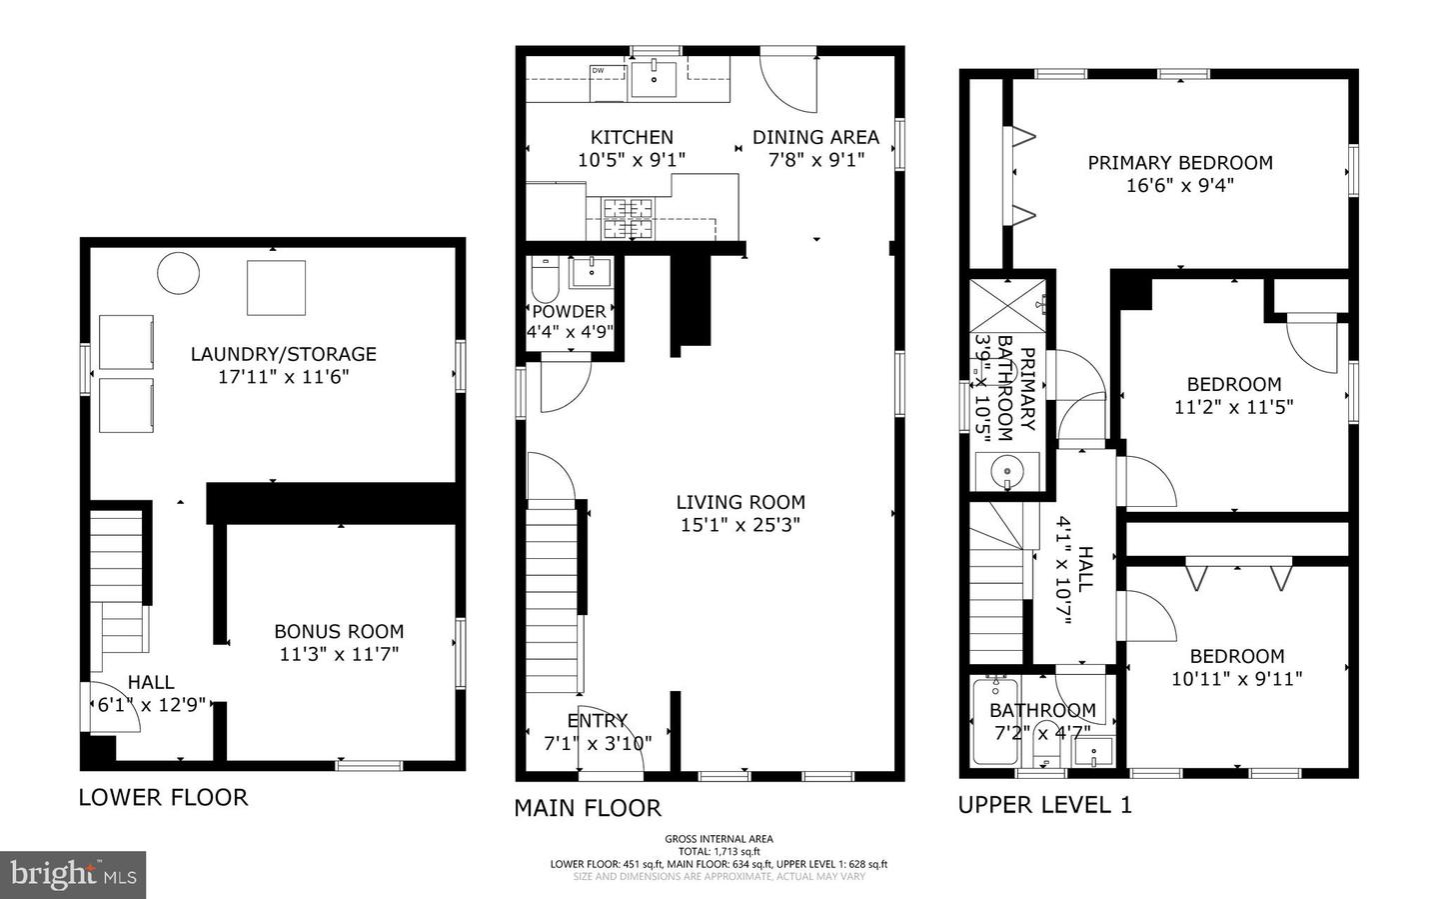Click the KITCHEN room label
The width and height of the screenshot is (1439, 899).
[631, 137]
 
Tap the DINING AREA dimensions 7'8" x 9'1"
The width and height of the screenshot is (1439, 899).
[815, 160]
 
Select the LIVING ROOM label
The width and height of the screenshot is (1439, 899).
[739, 502]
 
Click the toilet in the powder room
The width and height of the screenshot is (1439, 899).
[545, 280]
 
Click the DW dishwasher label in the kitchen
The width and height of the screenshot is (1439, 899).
[599, 70]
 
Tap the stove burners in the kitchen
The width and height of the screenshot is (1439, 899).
[627, 218]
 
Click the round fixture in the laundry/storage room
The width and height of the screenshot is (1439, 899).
[180, 273]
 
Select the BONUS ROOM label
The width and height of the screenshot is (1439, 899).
[339, 631]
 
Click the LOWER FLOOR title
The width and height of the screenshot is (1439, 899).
[163, 797]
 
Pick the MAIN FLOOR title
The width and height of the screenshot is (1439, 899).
[588, 808]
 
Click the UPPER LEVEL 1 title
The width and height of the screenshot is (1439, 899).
[1045, 805]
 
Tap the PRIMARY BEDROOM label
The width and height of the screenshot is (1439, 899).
[1180, 162]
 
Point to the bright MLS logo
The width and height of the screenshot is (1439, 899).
[73, 875]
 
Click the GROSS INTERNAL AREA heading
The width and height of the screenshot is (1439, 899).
[719, 839]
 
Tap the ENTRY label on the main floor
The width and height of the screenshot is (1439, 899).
[597, 720]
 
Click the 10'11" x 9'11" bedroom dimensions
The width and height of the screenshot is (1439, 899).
[1236, 679]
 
